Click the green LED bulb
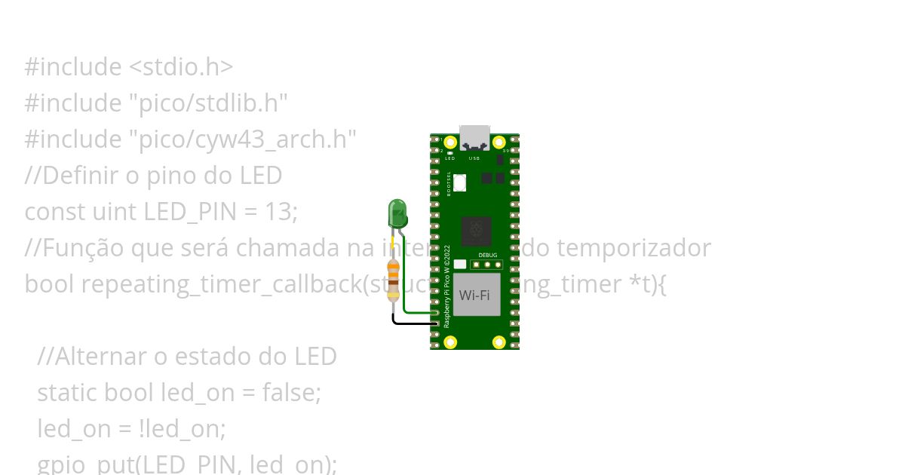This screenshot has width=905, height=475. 397,214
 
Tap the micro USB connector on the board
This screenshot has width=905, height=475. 474,136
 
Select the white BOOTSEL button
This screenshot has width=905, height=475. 459,182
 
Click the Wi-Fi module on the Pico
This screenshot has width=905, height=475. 476,295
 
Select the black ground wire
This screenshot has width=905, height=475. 411,323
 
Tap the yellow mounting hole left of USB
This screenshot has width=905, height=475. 450,142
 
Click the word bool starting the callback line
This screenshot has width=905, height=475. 50,284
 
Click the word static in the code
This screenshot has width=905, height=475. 67,393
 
